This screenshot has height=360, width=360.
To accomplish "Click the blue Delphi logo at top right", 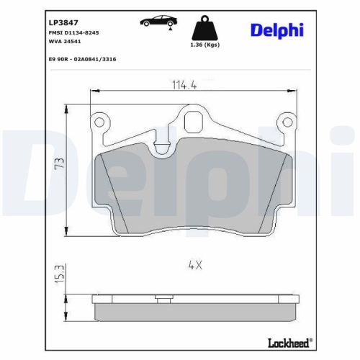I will click(x=277, y=30).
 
